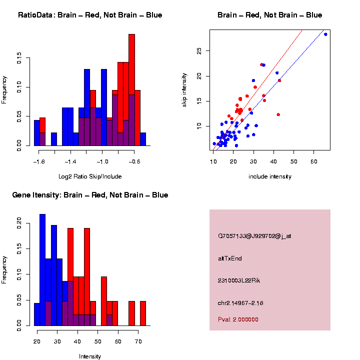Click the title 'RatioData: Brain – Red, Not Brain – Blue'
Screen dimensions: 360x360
click(90, 15)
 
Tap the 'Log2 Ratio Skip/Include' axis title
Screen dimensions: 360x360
click(90, 176)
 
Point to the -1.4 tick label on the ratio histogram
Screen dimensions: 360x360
click(70, 161)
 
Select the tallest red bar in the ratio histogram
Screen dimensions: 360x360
click(132, 90)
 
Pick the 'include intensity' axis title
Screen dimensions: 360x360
click(270, 176)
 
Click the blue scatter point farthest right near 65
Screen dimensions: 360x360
click(325, 34)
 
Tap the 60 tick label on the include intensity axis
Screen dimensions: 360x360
click(314, 161)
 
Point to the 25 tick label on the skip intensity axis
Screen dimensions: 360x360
click(199, 51)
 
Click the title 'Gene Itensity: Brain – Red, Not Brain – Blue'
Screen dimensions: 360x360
click(90, 195)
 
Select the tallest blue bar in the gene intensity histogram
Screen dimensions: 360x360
click(42, 270)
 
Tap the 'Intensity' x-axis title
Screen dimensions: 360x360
click(90, 356)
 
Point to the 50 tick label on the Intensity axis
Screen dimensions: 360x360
click(98, 341)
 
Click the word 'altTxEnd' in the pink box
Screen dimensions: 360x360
click(230, 258)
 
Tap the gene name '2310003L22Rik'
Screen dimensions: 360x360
click(239, 280)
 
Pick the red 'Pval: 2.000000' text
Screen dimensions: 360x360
click(238, 319)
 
